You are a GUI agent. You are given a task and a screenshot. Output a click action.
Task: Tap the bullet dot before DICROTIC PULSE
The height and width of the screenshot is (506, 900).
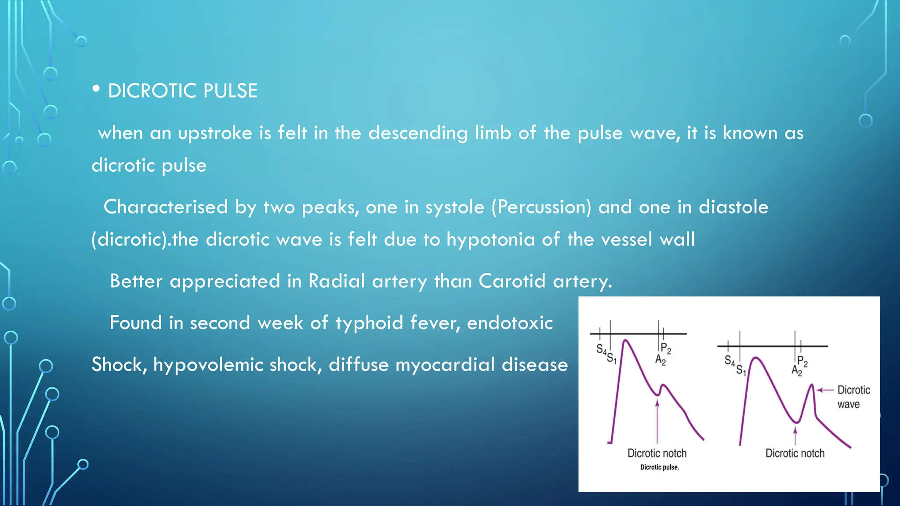(96, 89)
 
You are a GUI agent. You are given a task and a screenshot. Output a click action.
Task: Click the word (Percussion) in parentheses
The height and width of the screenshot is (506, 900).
(541, 207)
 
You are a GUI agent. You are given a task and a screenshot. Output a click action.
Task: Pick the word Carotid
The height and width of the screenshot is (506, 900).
(512, 281)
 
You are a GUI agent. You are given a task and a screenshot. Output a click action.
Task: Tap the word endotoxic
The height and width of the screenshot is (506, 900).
(510, 323)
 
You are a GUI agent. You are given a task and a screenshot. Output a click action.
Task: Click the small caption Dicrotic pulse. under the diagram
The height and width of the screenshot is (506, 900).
(660, 467)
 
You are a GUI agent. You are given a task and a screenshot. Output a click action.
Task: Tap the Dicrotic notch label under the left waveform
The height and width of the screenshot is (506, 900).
(657, 453)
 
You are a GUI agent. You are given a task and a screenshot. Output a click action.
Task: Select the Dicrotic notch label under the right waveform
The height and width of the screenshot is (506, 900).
(795, 453)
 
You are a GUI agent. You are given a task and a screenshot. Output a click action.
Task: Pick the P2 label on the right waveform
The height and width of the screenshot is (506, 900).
(802, 361)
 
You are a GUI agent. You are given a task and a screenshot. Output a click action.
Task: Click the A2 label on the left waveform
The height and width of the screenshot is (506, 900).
(660, 360)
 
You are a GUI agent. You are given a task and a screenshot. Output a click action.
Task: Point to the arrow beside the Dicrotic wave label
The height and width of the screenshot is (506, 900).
(825, 390)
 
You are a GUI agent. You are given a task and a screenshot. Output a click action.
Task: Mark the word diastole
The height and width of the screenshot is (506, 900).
(733, 207)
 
